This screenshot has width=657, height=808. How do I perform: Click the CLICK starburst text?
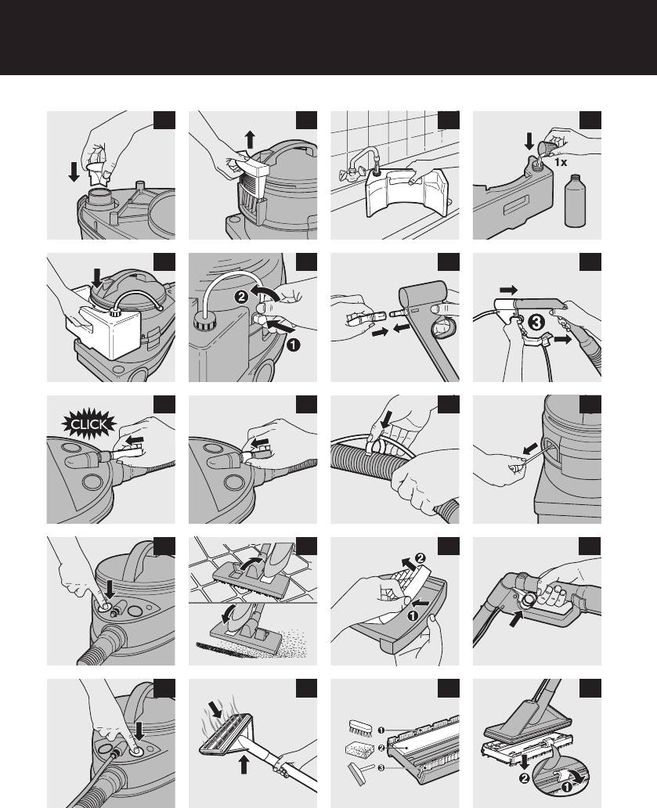(x=89, y=424)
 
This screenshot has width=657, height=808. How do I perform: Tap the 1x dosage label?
(x=561, y=162)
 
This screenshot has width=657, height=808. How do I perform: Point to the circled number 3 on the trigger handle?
(x=536, y=323)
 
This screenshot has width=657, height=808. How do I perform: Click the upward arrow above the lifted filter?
(x=250, y=139)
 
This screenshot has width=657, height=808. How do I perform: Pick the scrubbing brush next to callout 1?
(x=361, y=727)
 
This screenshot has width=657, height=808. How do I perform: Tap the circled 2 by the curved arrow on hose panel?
(x=240, y=296)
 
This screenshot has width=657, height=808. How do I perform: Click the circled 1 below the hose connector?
(x=293, y=344)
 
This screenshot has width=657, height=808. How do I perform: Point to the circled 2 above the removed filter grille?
(x=421, y=558)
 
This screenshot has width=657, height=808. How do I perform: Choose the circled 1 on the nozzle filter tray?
(x=413, y=615)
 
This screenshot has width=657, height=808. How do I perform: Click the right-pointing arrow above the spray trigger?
(x=508, y=290)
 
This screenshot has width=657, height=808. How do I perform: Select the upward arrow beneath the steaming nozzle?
(x=244, y=764)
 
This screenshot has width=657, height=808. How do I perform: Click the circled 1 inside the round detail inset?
(x=566, y=787)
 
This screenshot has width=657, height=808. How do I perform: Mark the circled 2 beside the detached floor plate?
(x=524, y=778)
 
